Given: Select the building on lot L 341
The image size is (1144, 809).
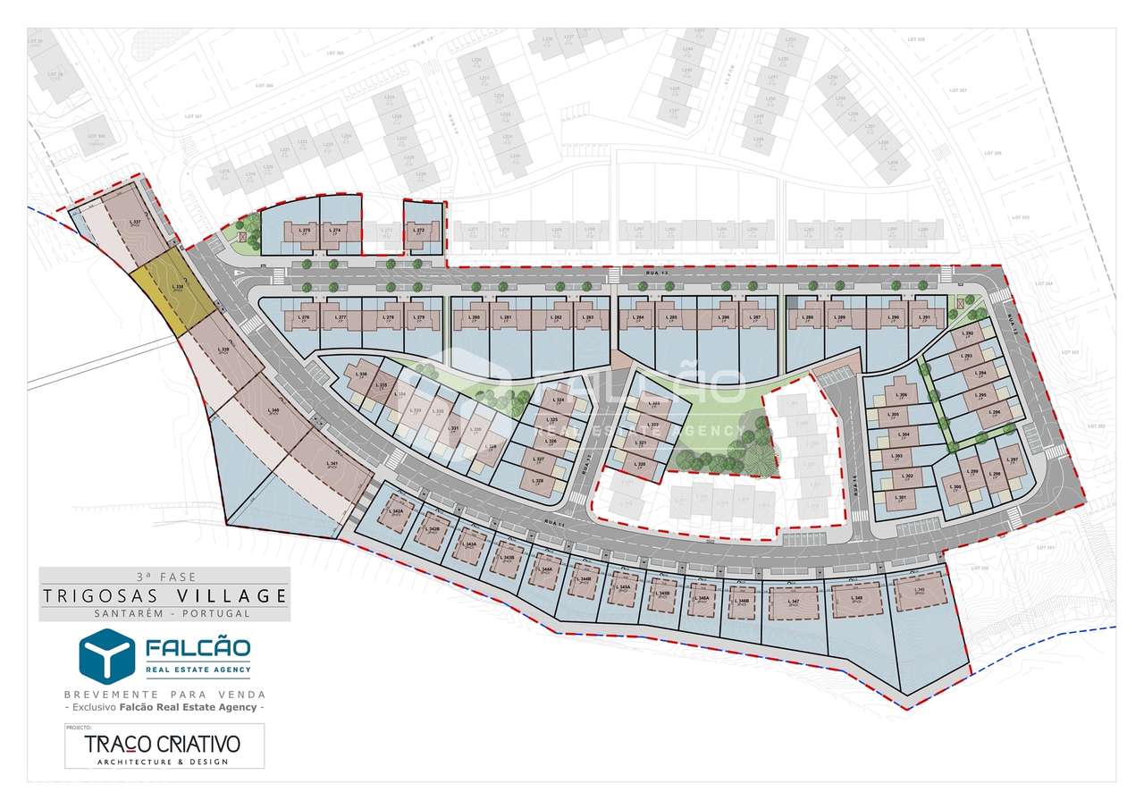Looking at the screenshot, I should (332, 464).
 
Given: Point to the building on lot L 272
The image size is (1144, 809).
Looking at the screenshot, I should (421, 233).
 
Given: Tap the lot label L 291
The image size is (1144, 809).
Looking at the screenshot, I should (926, 317).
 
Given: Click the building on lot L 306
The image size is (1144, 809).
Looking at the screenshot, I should (901, 396).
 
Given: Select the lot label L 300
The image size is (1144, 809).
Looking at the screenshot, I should (955, 487).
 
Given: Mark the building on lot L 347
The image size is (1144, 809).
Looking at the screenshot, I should (794, 602).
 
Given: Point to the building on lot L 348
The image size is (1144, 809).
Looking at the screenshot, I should (856, 599).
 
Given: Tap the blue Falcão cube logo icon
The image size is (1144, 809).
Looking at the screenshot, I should (106, 655).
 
